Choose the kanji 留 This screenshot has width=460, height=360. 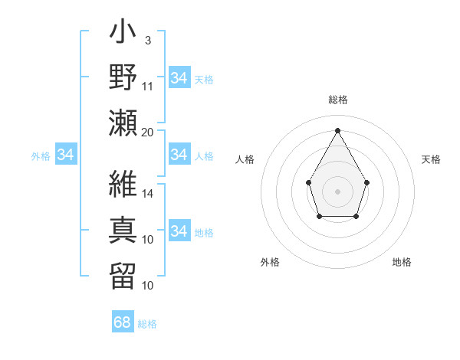click(x=123, y=273)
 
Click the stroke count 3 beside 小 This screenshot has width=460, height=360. click(x=148, y=40)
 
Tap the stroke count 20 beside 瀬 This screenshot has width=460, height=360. click(x=148, y=132)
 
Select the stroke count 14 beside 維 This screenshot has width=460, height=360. click(x=148, y=195)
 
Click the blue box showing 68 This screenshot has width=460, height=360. click(x=123, y=322)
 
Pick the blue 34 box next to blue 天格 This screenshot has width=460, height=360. click(x=179, y=78)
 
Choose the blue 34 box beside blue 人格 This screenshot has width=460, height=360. click(x=179, y=155)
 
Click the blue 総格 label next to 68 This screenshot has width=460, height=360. click(x=148, y=324)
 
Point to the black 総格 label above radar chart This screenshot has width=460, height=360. click(x=337, y=100)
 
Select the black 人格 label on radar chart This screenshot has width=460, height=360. click(x=245, y=159)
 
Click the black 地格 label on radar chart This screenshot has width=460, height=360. click(x=402, y=262)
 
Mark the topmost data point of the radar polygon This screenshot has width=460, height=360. click(x=337, y=130)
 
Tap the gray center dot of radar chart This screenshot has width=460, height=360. click(x=337, y=190)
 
